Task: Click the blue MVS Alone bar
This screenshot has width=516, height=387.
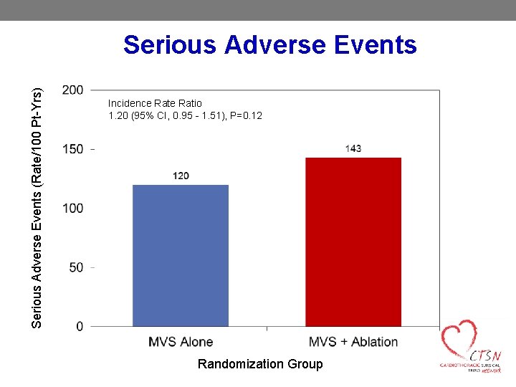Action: (181, 255)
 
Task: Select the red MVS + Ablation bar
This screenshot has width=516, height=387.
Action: (353, 242)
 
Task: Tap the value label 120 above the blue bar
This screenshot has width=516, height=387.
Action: (181, 176)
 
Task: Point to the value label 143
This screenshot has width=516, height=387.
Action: (353, 148)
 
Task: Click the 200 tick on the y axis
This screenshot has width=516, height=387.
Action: (72, 90)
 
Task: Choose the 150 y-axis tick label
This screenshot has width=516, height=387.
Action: (72, 149)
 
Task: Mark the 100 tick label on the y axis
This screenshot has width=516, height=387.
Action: (72, 208)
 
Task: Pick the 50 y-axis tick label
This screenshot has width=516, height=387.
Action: (75, 267)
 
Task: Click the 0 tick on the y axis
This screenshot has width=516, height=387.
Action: (79, 327)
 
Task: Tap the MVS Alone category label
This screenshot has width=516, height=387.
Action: (181, 342)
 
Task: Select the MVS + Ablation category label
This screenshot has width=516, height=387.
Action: (353, 342)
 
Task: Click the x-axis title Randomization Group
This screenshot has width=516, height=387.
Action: (260, 364)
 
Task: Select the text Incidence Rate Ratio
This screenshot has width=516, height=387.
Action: (155, 103)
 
